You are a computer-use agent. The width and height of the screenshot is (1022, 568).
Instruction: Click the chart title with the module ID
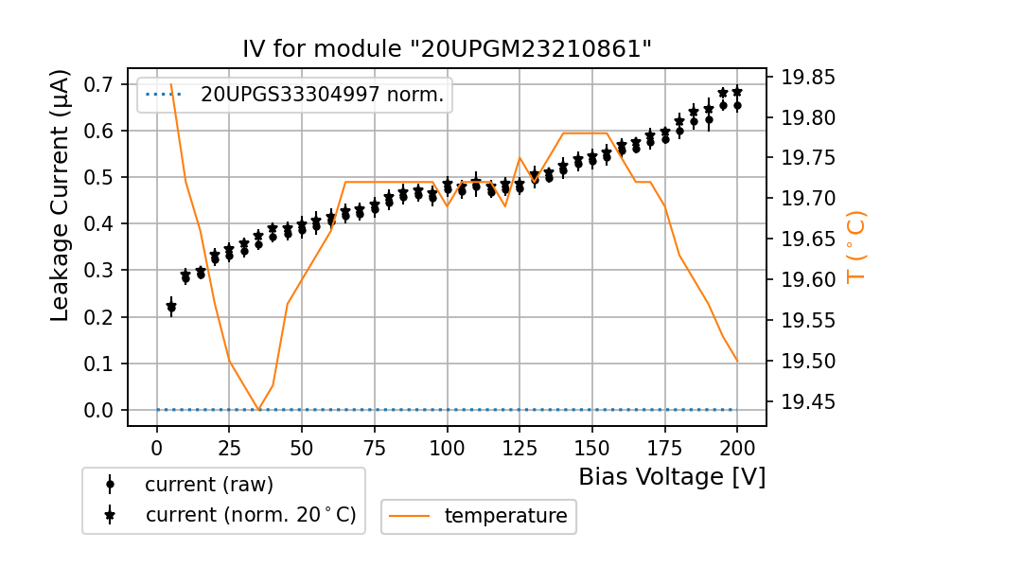[447, 49]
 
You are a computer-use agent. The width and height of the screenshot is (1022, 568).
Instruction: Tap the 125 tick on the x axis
[519, 447]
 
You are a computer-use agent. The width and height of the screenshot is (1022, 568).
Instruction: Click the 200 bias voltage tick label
[737, 447]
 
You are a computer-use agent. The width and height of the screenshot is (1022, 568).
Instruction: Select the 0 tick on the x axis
[157, 447]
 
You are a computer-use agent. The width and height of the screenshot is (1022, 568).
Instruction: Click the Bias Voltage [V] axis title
[672, 477]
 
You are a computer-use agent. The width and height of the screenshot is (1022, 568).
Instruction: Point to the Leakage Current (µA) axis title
[61, 195]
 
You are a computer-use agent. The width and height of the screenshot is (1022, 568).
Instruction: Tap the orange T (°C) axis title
[855, 246]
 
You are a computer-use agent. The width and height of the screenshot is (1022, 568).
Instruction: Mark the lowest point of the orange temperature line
[259, 410]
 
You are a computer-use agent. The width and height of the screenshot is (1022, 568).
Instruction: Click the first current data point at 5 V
[171, 307]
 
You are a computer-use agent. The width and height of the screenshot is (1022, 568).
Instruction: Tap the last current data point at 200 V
[737, 92]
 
